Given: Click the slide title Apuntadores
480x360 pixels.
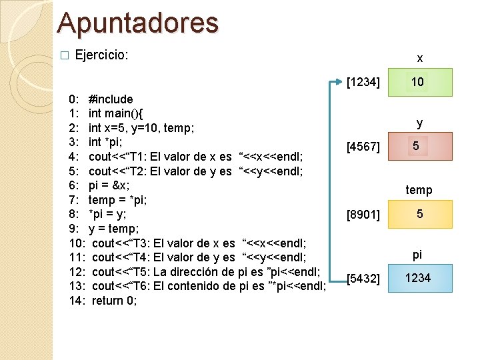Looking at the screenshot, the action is (138, 22).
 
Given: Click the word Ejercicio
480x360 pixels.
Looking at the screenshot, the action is (101, 55).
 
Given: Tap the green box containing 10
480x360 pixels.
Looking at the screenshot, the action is (419, 82).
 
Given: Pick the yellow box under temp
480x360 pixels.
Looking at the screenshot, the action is (419, 214).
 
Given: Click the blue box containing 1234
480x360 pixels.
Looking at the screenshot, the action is (419, 278).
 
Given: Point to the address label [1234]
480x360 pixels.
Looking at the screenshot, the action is (364, 83).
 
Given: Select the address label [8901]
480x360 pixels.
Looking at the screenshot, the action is (364, 215).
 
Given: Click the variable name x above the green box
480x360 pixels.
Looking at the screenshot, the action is (420, 59).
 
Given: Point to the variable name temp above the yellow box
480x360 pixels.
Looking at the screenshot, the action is (419, 190).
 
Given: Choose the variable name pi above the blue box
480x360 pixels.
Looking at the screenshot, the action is (418, 255).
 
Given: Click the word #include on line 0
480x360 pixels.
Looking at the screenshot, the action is (111, 99).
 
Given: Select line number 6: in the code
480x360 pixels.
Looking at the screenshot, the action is (74, 185).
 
